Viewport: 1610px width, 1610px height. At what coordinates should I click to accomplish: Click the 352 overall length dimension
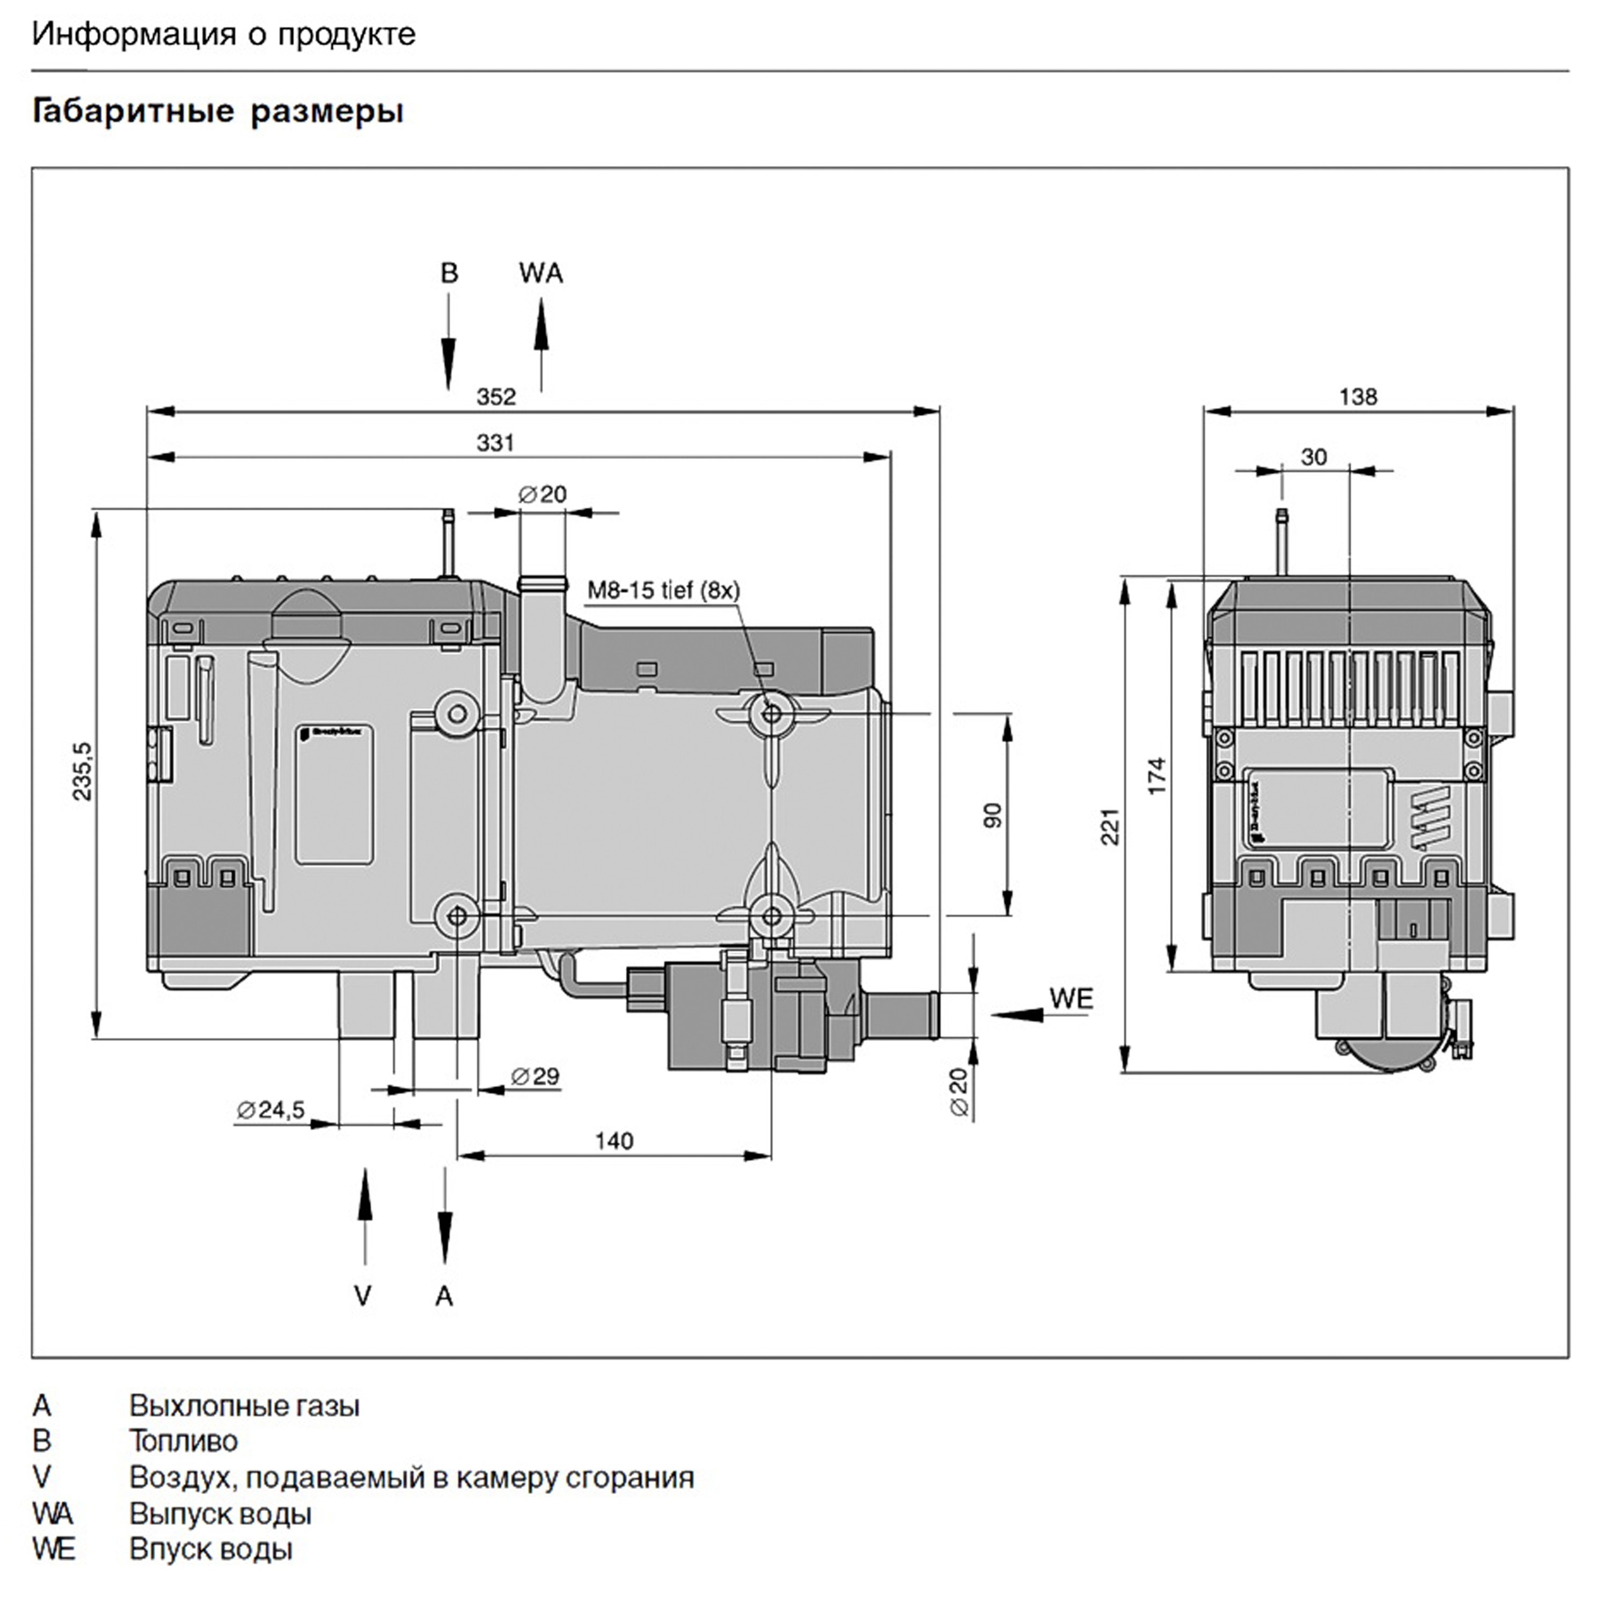[x=496, y=396]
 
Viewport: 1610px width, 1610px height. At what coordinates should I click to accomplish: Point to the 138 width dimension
[x=1358, y=397]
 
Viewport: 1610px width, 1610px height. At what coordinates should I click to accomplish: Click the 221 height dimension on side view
[x=1110, y=826]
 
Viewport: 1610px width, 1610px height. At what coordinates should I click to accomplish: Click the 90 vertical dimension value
[x=992, y=815]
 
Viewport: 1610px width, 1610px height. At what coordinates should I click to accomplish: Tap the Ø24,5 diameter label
[x=271, y=1109]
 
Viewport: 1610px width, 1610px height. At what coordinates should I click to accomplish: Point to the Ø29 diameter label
[x=535, y=1076]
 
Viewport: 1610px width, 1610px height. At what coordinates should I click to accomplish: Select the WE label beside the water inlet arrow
[x=1071, y=998]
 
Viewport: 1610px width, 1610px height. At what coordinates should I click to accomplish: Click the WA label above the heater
[x=541, y=273]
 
